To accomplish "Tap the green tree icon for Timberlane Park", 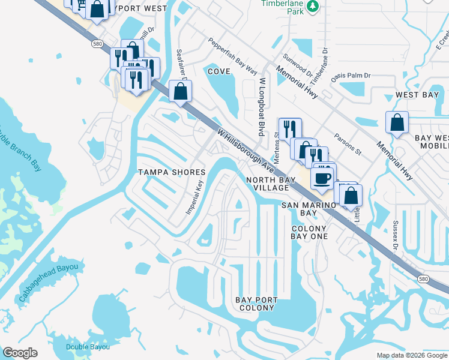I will (x=312, y=6).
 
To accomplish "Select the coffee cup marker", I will (x=322, y=179).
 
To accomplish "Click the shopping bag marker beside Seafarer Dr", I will (x=180, y=92).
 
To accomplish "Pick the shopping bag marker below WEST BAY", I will (x=397, y=124).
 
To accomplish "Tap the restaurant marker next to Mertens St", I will (x=289, y=129).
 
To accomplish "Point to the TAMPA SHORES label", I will (x=172, y=172).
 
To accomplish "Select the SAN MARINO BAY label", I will (x=308, y=209).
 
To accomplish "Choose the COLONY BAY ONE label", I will (x=309, y=232).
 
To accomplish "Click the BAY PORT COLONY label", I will (x=257, y=304).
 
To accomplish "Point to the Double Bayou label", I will (x=88, y=347).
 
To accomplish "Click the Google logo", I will (x=20, y=353).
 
